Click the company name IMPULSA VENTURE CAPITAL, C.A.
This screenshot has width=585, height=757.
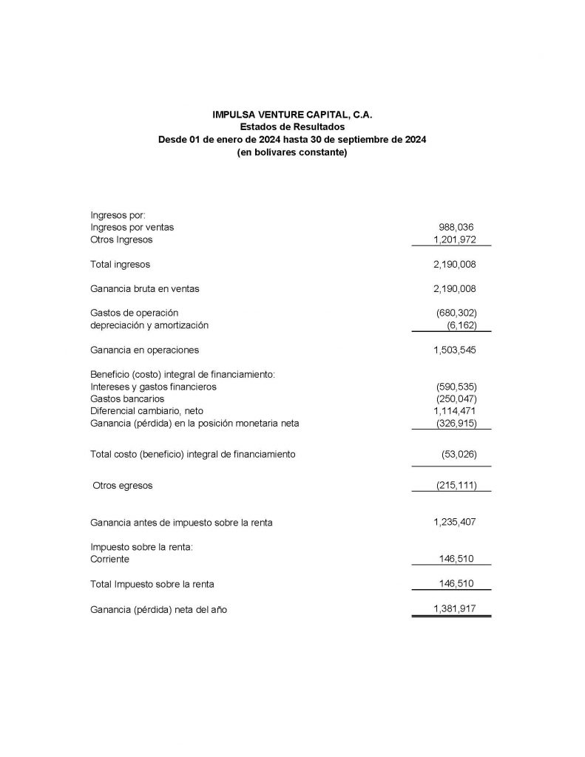pyautogui.click(x=292, y=115)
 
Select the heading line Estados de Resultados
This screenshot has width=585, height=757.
pyautogui.click(x=292, y=127)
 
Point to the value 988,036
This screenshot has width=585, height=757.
pyautogui.click(x=456, y=228)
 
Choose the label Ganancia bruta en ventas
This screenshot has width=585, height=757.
pyautogui.click(x=144, y=288)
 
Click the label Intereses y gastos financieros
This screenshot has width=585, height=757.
pyautogui.click(x=153, y=387)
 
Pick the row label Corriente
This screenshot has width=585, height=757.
pyautogui.click(x=109, y=560)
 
